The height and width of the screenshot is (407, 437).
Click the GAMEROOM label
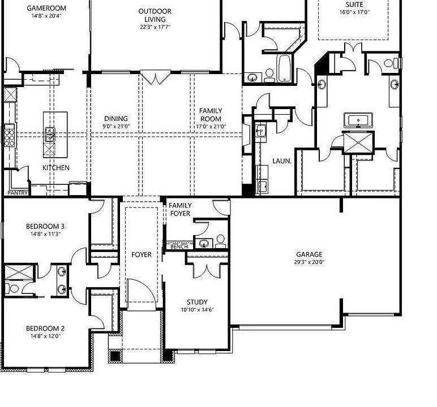tap(46, 8)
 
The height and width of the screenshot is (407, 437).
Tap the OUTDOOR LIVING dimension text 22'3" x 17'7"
tap(155, 27)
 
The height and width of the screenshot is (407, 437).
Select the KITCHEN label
tap(56, 167)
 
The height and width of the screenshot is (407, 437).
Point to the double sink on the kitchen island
tap(50, 134)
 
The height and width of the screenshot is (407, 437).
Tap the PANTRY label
tap(18, 193)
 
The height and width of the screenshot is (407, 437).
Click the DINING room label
tap(116, 119)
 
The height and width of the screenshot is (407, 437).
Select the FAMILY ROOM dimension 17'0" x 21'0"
tap(211, 127)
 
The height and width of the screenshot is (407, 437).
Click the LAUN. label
tap(282, 161)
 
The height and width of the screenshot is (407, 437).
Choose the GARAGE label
tap(310, 254)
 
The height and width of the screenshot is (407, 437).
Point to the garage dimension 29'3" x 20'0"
tap(310, 262)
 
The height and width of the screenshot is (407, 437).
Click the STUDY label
tap(198, 302)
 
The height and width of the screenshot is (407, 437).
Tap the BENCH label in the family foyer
tap(179, 246)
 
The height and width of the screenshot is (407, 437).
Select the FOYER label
tap(142, 254)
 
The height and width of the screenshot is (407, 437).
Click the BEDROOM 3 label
tap(45, 226)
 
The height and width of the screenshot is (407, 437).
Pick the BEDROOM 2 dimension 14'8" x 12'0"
tap(45, 336)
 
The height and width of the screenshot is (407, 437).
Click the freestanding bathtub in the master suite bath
tap(358, 120)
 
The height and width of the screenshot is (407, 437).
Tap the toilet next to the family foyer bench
tap(220, 241)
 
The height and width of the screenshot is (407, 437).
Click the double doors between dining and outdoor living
tap(155, 77)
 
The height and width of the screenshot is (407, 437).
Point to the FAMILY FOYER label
tap(180, 209)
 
